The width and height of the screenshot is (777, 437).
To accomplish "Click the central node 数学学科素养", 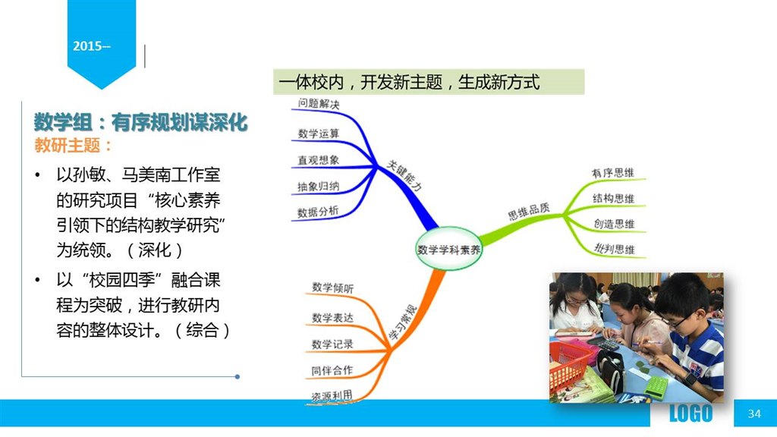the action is [448, 249].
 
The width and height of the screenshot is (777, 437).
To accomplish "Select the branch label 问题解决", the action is [319, 103].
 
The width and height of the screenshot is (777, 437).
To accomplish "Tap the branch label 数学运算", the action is [319, 134].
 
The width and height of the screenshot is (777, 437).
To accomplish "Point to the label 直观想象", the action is [318, 160].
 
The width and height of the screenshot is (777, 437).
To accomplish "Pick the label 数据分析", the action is [318, 212].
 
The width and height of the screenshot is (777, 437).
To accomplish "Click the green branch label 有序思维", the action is [613, 172].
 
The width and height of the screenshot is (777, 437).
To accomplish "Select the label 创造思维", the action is [614, 224].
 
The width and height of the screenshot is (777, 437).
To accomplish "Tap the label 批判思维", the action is [615, 248].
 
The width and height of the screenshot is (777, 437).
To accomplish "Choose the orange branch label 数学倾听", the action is [333, 288].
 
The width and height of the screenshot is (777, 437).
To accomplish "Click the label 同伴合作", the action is [332, 370].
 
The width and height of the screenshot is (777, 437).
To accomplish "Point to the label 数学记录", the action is [332, 344].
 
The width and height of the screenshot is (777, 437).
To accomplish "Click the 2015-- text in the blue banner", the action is [92, 46].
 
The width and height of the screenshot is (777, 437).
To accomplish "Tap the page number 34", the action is [754, 413].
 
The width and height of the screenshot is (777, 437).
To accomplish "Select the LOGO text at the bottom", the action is [690, 413].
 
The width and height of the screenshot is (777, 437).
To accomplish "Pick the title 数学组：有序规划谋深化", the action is [140, 122].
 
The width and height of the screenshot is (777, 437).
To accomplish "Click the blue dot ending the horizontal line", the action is [238, 376].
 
